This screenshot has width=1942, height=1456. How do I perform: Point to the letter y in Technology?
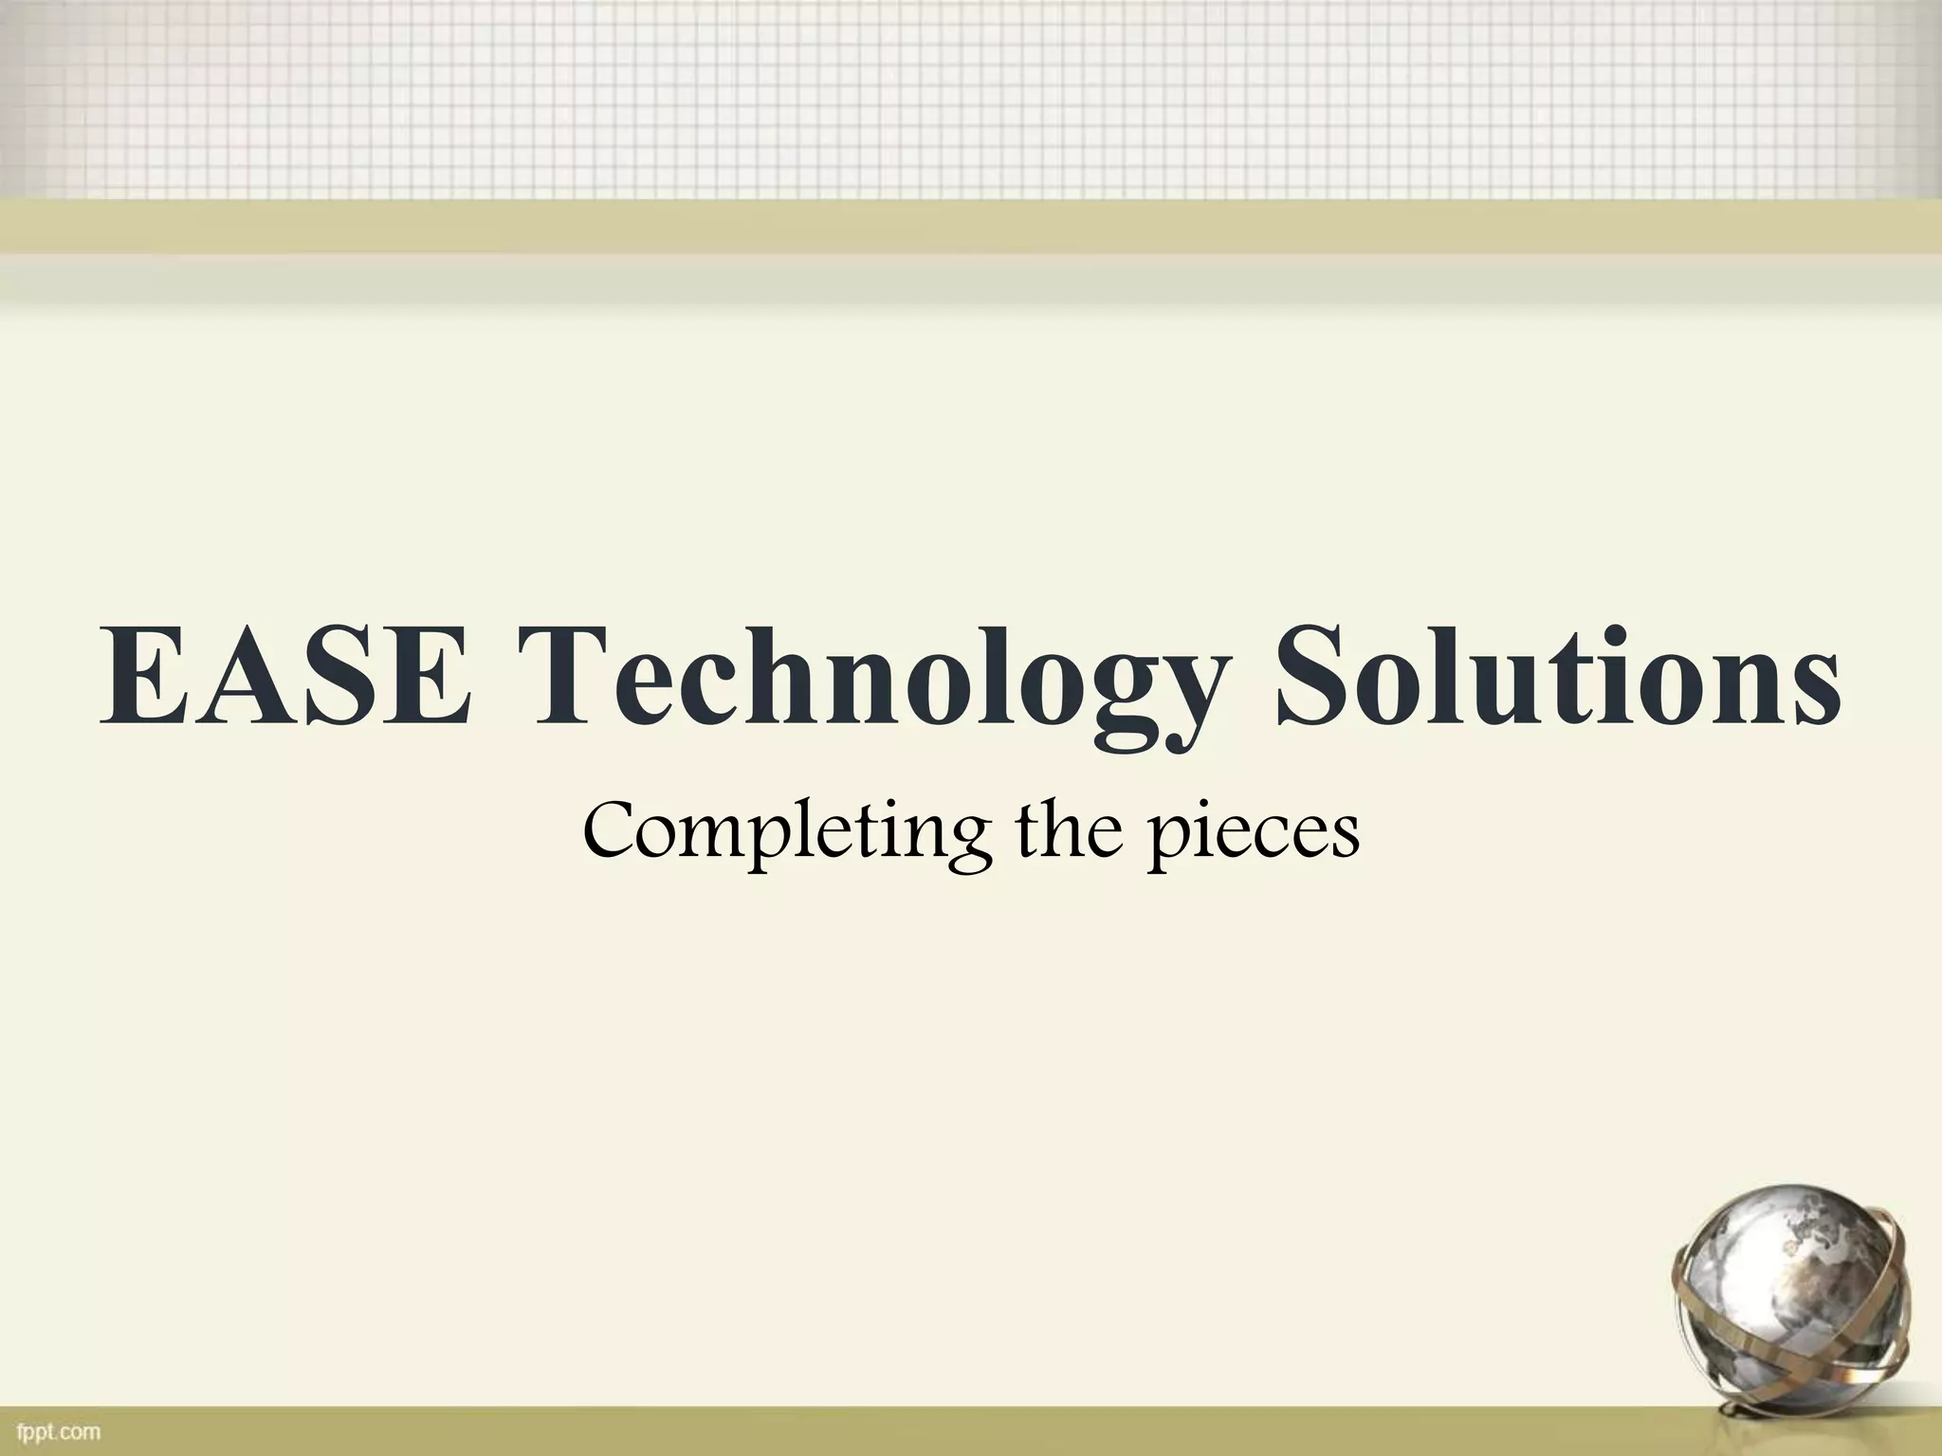coord(1166,701)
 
